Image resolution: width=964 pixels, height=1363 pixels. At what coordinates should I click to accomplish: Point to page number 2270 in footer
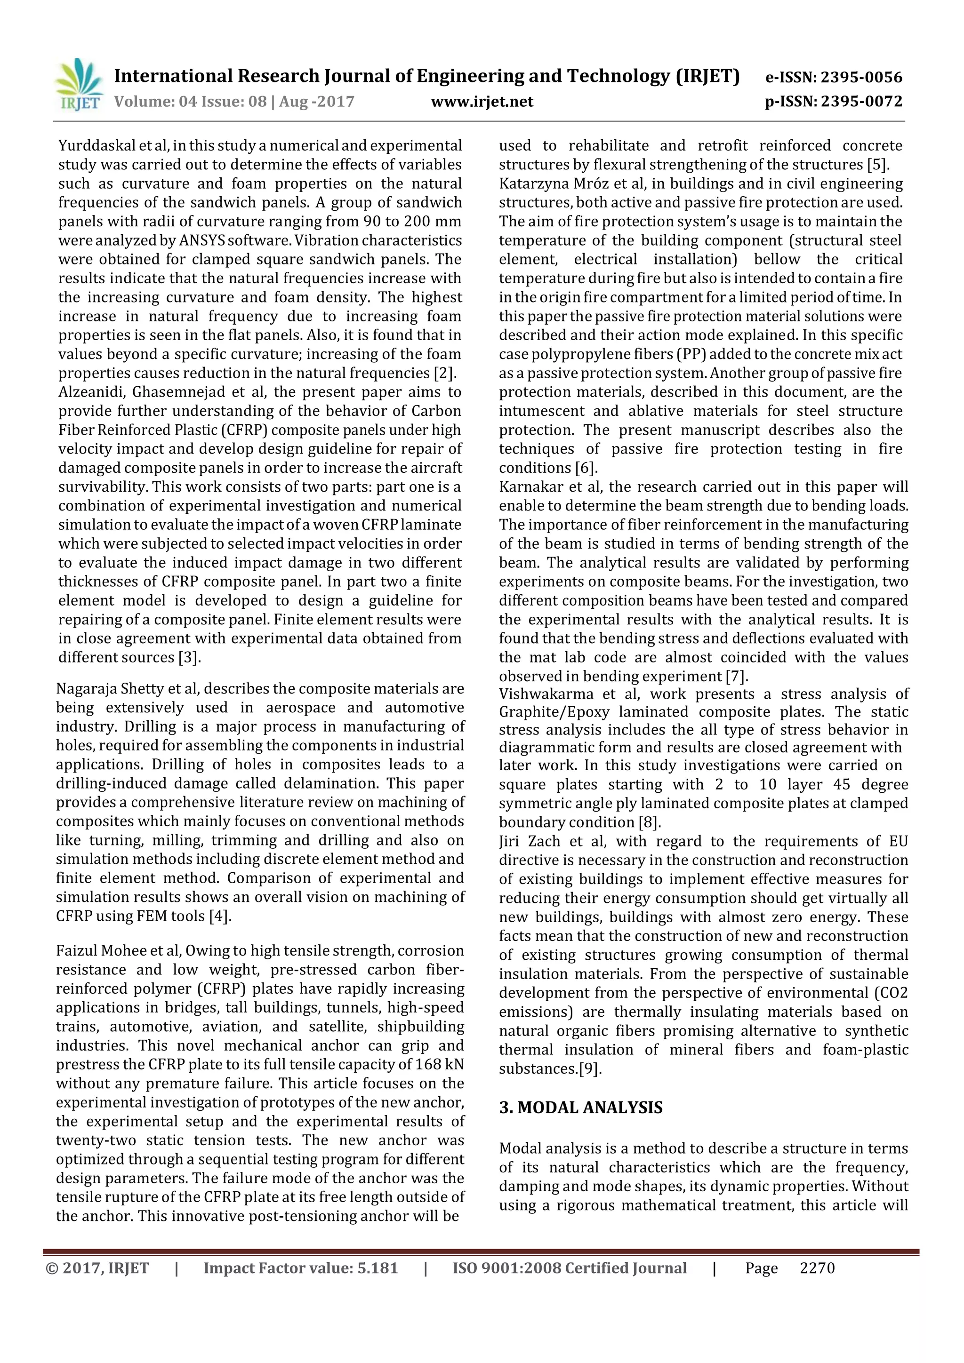click(x=817, y=1268)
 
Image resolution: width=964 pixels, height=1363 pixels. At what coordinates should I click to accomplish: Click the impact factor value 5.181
click(x=377, y=1268)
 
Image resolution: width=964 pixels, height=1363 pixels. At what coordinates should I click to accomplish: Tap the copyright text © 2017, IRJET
click(x=97, y=1268)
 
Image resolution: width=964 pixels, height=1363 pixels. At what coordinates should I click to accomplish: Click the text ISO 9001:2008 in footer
click(x=506, y=1268)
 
